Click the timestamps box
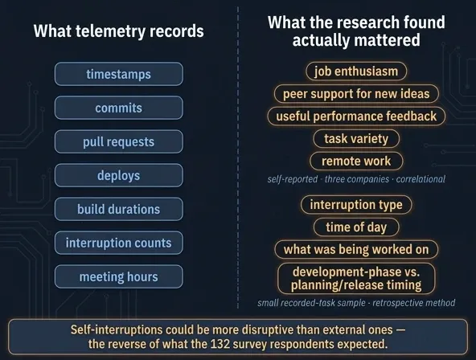click(119, 74)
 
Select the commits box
click(119, 108)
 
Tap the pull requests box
click(119, 141)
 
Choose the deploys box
click(119, 175)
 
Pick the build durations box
click(119, 209)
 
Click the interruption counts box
click(119, 243)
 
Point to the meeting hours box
click(119, 276)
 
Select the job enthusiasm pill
click(356, 72)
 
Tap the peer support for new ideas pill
click(356, 94)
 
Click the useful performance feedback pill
click(356, 117)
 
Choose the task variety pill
click(356, 138)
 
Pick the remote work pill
click(356, 161)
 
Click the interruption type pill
click(356, 205)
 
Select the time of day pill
click(356, 227)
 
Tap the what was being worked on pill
click(356, 250)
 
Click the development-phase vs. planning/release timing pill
click(356, 278)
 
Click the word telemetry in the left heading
click(110, 31)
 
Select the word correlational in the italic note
click(421, 179)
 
